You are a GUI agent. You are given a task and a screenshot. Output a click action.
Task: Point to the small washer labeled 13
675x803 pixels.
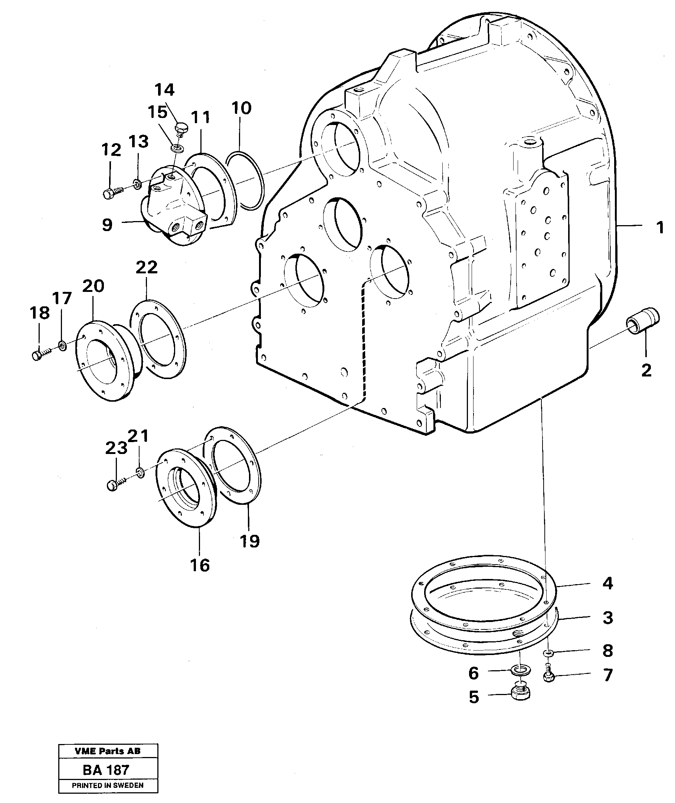[137, 185]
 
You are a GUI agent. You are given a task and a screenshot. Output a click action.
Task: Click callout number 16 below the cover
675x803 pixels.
[200, 565]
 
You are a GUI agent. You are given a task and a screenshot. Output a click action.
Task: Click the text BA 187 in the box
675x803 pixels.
[106, 770]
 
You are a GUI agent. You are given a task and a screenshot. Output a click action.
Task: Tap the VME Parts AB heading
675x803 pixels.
[108, 751]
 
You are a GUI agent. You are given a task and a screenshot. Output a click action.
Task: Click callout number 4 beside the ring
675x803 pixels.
[608, 583]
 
